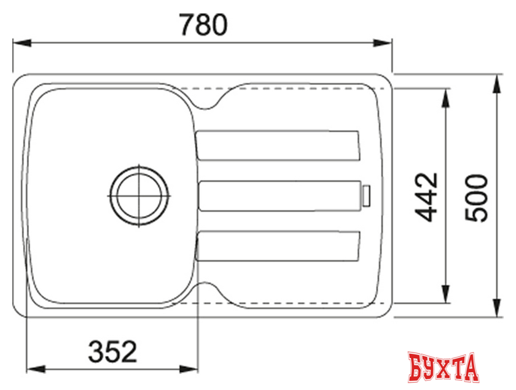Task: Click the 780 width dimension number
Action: point(203,25)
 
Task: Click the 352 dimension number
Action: point(112,352)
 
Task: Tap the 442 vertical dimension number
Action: point(425,196)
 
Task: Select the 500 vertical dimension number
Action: point(476,197)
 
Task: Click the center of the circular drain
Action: point(139,195)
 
